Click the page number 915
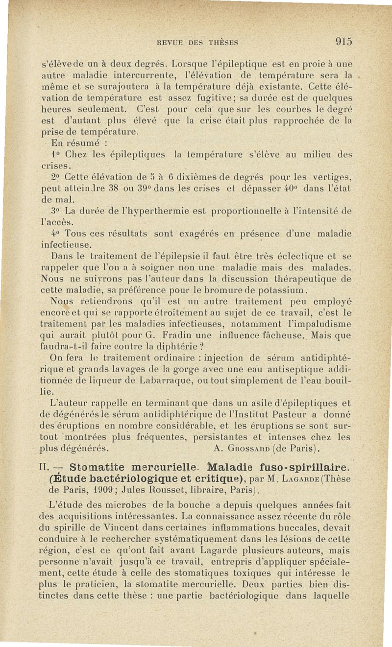coord(342,42)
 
